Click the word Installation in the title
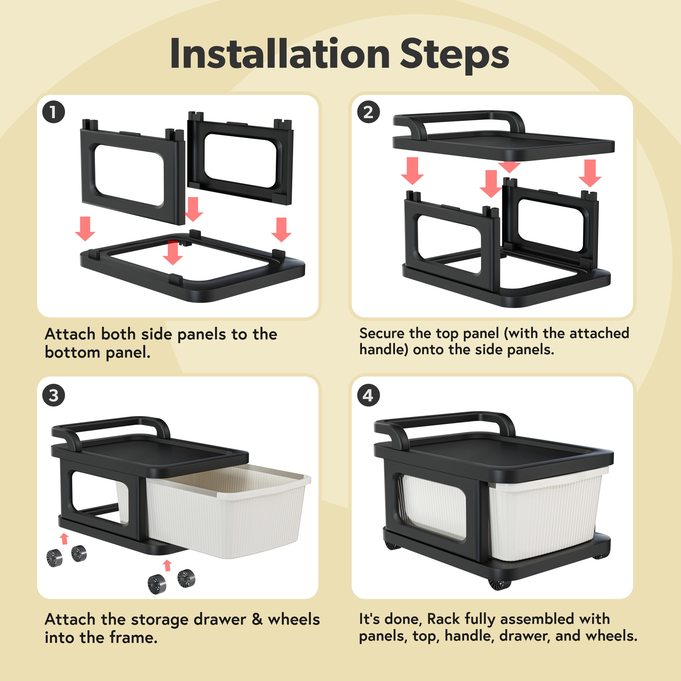tap(280, 53)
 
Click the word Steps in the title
tap(454, 56)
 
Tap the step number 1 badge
tap(53, 112)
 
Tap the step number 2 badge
tap(369, 112)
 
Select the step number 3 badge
tap(53, 395)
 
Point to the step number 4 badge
tap(369, 395)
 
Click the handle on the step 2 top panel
tap(458, 116)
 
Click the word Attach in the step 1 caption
tap(70, 334)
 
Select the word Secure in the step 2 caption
tap(382, 333)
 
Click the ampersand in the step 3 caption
tap(257, 619)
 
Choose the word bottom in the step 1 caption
tap(73, 352)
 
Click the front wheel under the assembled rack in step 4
tap(500, 585)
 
